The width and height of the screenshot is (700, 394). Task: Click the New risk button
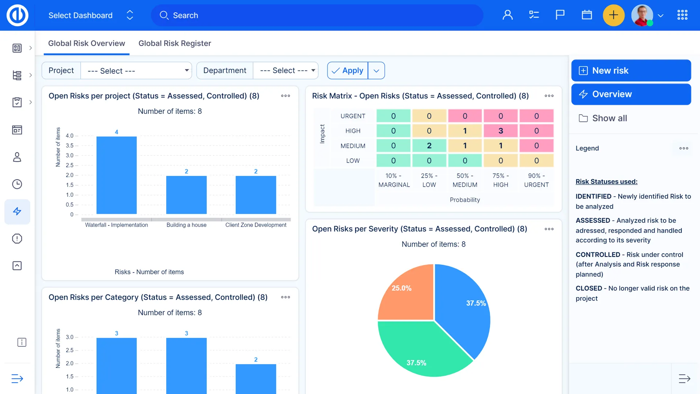click(631, 70)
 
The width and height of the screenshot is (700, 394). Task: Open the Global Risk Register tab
click(175, 43)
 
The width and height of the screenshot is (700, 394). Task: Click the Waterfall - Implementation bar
click(116, 175)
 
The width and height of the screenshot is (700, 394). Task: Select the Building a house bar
click(186, 195)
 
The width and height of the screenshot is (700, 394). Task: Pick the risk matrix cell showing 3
click(501, 131)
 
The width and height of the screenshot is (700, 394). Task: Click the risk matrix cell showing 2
click(429, 146)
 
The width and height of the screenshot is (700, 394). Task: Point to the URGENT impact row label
click(353, 116)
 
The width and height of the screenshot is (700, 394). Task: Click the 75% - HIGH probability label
click(501, 180)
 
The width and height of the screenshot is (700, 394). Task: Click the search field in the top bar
click(317, 15)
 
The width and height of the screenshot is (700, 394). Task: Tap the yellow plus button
click(614, 15)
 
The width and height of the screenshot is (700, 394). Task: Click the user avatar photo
click(642, 15)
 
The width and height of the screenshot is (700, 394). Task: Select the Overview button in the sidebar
click(631, 94)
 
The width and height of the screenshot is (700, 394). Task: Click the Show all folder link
click(609, 118)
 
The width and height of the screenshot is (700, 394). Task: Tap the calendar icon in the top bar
click(587, 15)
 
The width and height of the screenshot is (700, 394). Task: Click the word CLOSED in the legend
click(588, 288)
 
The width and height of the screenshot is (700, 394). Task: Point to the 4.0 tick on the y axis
click(70, 136)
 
